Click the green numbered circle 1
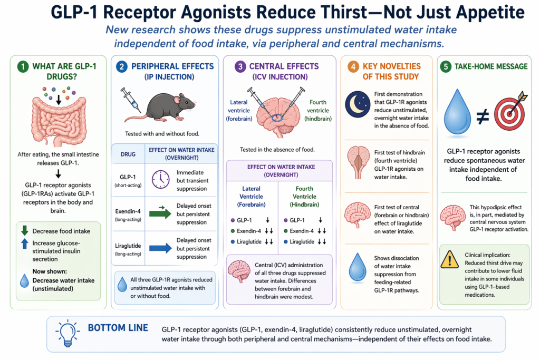[x=23, y=66]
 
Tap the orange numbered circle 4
[x=353, y=66]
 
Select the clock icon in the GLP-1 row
[x=160, y=179]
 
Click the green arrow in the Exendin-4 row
[x=160, y=213]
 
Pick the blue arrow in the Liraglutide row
[x=160, y=248]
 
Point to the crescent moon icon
[x=358, y=104]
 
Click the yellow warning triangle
[x=449, y=259]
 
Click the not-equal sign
[x=483, y=116]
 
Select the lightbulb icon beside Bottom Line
[x=67, y=333]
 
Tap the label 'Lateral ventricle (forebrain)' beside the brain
[x=239, y=111]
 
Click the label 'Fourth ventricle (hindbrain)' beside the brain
[x=318, y=111]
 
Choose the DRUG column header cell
[x=128, y=154]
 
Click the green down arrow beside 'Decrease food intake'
[x=24, y=230]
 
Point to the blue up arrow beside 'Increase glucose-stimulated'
[x=24, y=244]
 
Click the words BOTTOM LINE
[x=118, y=328]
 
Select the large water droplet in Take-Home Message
[x=457, y=112]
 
